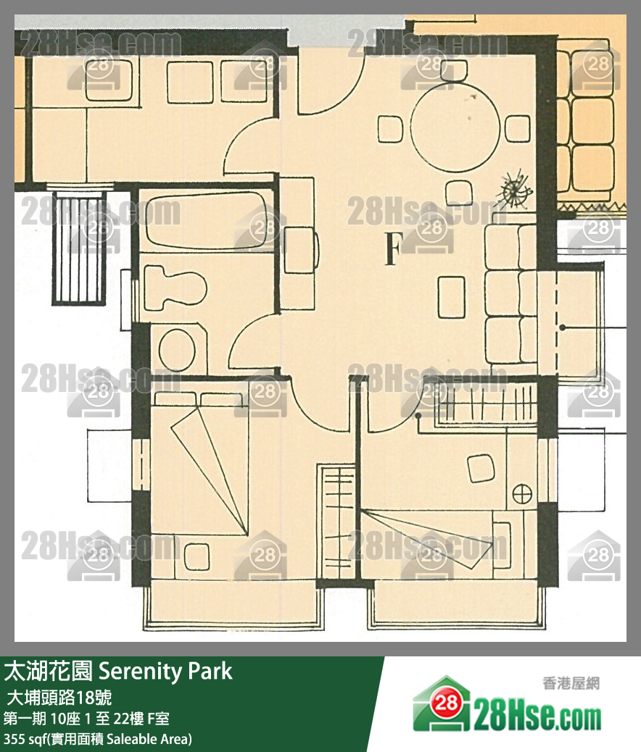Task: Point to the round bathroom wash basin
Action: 177,350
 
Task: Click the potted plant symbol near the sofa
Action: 516,190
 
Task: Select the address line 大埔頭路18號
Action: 59,698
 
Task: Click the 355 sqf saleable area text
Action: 98,739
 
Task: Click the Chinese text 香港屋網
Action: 571,682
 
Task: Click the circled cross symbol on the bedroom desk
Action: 521,494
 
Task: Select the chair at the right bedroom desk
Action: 481,467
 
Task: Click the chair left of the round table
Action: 390,129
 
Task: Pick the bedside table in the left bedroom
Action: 197,556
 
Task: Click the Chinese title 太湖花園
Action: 48,671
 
